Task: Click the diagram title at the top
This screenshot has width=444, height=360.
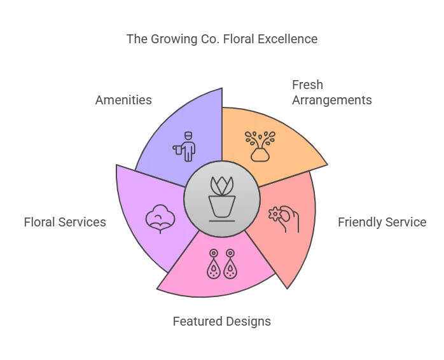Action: pyautogui.click(x=223, y=39)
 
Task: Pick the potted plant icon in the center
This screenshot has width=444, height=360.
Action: pyautogui.click(x=222, y=197)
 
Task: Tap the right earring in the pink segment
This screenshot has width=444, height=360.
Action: pyautogui.click(x=230, y=264)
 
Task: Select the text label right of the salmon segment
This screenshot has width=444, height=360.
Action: pyautogui.click(x=380, y=223)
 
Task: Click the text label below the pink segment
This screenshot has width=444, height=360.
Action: pyautogui.click(x=223, y=320)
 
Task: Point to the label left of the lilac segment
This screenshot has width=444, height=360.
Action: pyautogui.click(x=63, y=223)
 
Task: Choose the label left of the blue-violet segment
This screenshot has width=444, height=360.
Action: pyautogui.click(x=121, y=100)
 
